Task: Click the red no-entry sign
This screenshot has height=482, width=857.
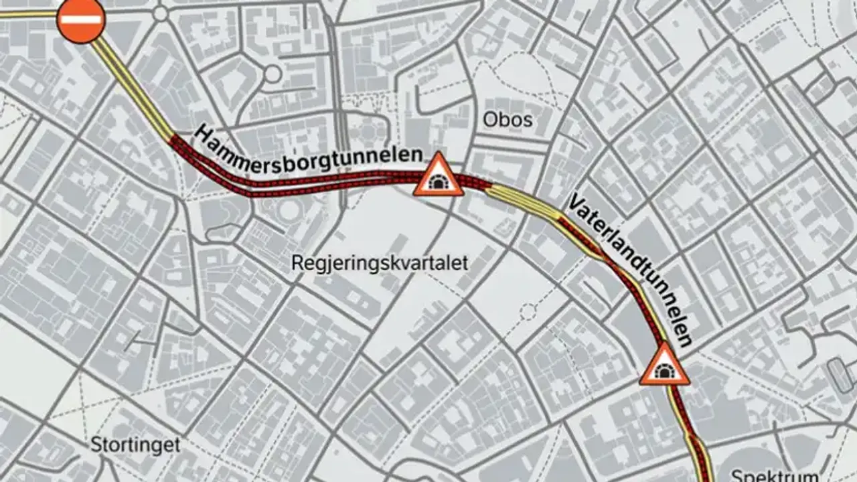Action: point(81,19)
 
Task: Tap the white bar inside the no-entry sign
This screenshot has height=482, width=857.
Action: point(81,19)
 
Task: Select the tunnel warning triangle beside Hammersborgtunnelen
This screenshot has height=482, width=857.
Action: point(439,176)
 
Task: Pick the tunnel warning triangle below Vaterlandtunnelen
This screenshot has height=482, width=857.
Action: point(664,367)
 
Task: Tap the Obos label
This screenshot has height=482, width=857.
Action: point(508,120)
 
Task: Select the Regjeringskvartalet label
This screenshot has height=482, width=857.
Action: point(380,263)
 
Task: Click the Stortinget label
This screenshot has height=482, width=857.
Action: point(136,445)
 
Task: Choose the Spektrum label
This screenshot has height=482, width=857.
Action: point(774,477)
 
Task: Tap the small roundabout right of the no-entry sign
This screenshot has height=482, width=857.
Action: point(160,12)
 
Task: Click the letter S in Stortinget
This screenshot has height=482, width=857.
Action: point(96,445)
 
